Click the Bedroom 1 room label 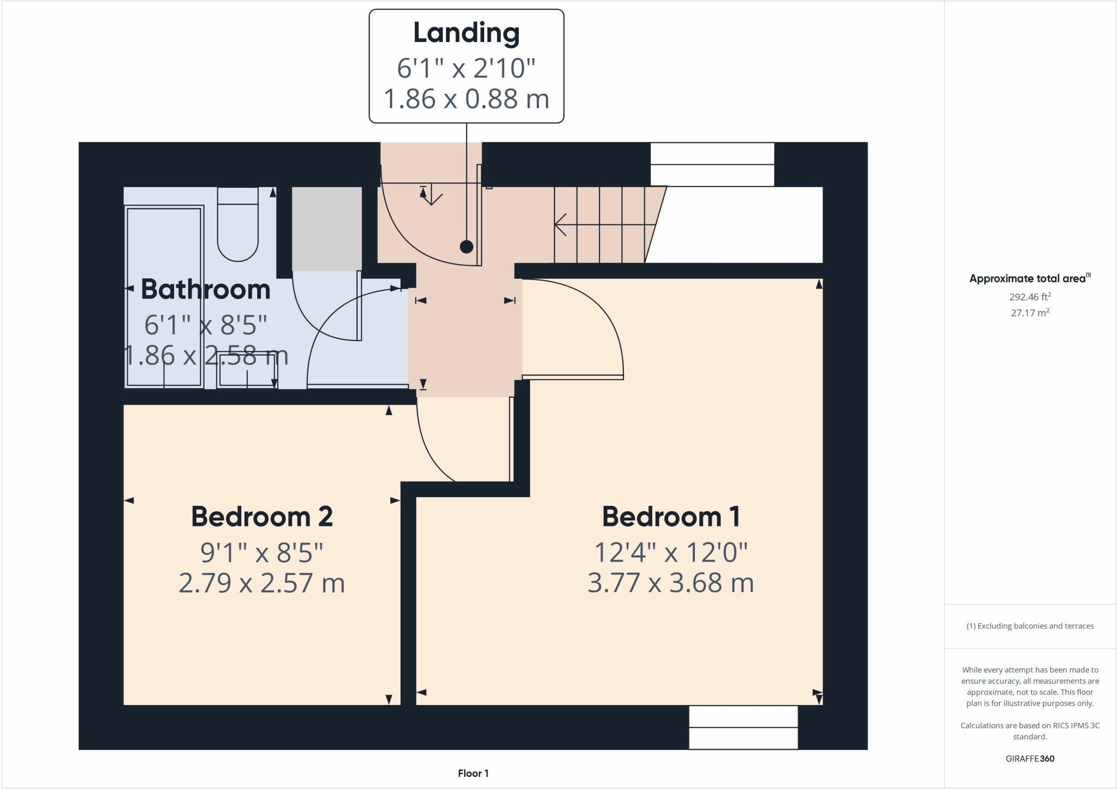670,517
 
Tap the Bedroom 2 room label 262,517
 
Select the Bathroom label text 206,289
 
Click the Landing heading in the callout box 466,33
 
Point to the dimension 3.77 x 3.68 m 670,583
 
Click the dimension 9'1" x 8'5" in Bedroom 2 262,552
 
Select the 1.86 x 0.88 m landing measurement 466,99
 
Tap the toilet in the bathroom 238,224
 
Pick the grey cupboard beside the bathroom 326,229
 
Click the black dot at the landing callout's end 466,247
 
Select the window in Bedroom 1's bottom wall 743,727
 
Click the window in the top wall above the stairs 712,164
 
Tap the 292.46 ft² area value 1030,297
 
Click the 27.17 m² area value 1030,313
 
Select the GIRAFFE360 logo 1030,758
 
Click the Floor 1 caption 473,773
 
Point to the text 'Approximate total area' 1027,279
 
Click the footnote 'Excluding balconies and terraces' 1030,626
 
